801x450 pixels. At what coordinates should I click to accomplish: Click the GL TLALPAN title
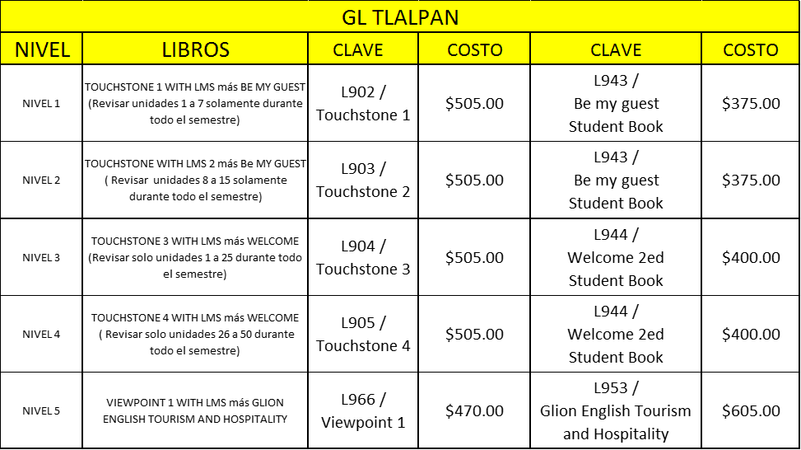click(400, 17)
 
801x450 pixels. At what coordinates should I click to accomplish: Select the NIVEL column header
click(42, 49)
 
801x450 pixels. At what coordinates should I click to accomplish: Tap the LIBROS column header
click(195, 49)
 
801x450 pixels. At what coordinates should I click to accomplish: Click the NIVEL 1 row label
click(41, 103)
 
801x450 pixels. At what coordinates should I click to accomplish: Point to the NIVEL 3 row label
click(41, 257)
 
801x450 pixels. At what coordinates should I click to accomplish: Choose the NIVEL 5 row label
click(41, 410)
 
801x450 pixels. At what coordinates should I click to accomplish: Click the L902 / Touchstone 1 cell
click(363, 103)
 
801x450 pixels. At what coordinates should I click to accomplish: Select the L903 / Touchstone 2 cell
click(363, 180)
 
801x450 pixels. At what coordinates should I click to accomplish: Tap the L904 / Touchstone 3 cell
click(363, 257)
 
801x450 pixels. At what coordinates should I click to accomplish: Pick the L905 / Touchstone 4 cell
click(363, 334)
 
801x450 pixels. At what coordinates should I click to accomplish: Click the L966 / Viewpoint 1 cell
click(363, 410)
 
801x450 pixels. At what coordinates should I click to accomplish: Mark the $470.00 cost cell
click(474, 410)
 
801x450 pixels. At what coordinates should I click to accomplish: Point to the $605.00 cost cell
click(751, 410)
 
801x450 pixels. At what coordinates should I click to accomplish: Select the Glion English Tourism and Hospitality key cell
click(616, 410)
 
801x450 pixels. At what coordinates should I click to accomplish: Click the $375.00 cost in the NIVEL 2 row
click(751, 180)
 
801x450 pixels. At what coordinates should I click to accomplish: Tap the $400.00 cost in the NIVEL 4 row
click(751, 334)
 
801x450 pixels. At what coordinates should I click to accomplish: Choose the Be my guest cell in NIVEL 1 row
click(616, 103)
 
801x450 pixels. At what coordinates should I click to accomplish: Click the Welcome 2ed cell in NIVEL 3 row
click(616, 257)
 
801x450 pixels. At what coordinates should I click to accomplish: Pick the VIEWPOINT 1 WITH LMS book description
click(195, 410)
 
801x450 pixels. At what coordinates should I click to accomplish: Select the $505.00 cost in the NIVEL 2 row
click(474, 180)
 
